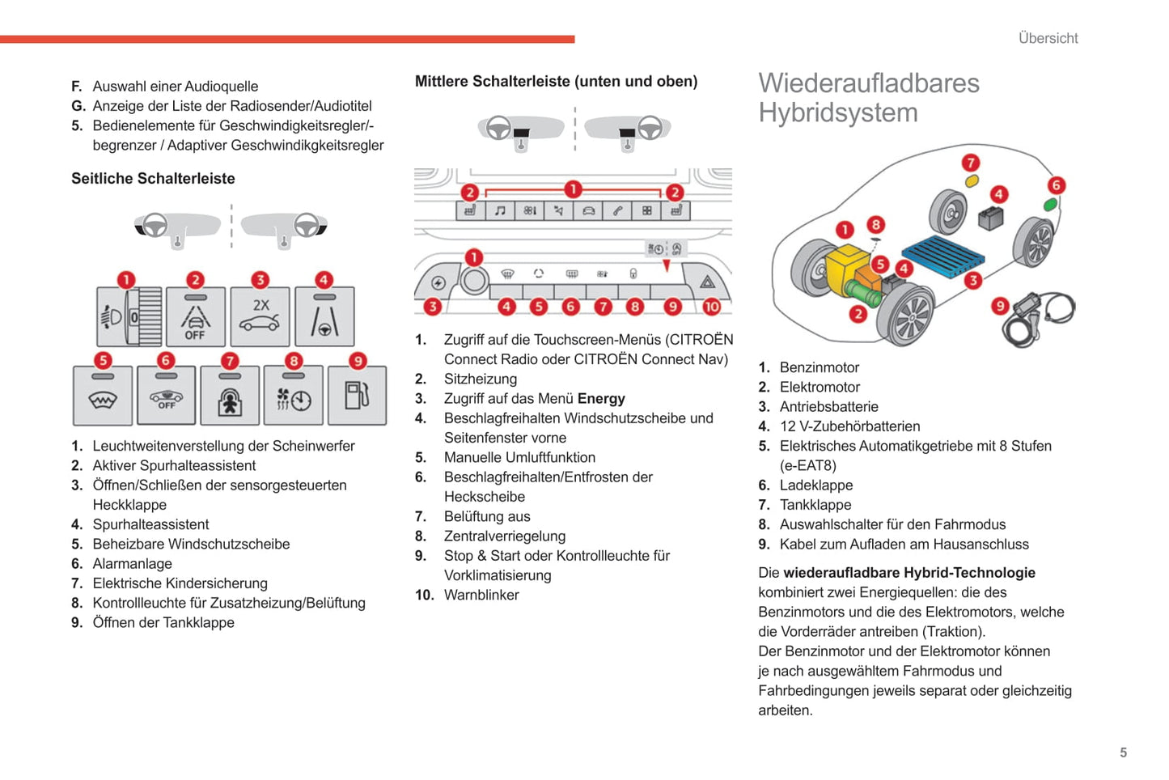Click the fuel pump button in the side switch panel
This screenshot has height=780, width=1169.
coord(357,396)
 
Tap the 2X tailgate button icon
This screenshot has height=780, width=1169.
coord(260,316)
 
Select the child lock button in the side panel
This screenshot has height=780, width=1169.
coord(230,396)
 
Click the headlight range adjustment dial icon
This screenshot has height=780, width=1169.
coord(129,317)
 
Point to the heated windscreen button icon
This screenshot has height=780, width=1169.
coord(103,396)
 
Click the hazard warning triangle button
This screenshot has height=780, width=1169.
coord(707,282)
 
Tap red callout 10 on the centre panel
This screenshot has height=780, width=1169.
coord(711,307)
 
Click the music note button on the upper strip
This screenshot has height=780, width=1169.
coord(500,210)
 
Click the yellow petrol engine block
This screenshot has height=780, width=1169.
coord(846,266)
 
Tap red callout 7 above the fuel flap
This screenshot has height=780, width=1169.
coord(970,163)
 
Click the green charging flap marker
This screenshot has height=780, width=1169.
coord(1050,204)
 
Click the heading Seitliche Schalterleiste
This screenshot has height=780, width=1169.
coord(153,179)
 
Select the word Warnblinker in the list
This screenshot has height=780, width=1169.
coord(481,596)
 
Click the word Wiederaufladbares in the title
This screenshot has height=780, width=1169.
coord(868,83)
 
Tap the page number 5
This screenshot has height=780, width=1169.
coord(1123,752)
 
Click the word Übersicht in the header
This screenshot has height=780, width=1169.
coord(1048,38)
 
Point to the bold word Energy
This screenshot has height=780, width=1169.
coord(600,399)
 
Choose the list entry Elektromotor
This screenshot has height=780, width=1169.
coord(820,388)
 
